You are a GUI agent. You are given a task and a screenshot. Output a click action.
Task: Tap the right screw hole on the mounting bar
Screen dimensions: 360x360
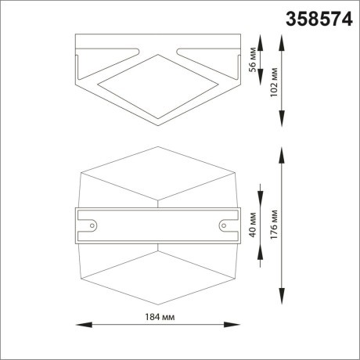coord(224,225)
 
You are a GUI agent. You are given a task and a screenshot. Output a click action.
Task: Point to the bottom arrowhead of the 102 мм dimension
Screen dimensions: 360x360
coord(283,124)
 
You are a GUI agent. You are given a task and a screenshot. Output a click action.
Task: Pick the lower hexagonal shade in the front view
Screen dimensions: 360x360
coord(158,274)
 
